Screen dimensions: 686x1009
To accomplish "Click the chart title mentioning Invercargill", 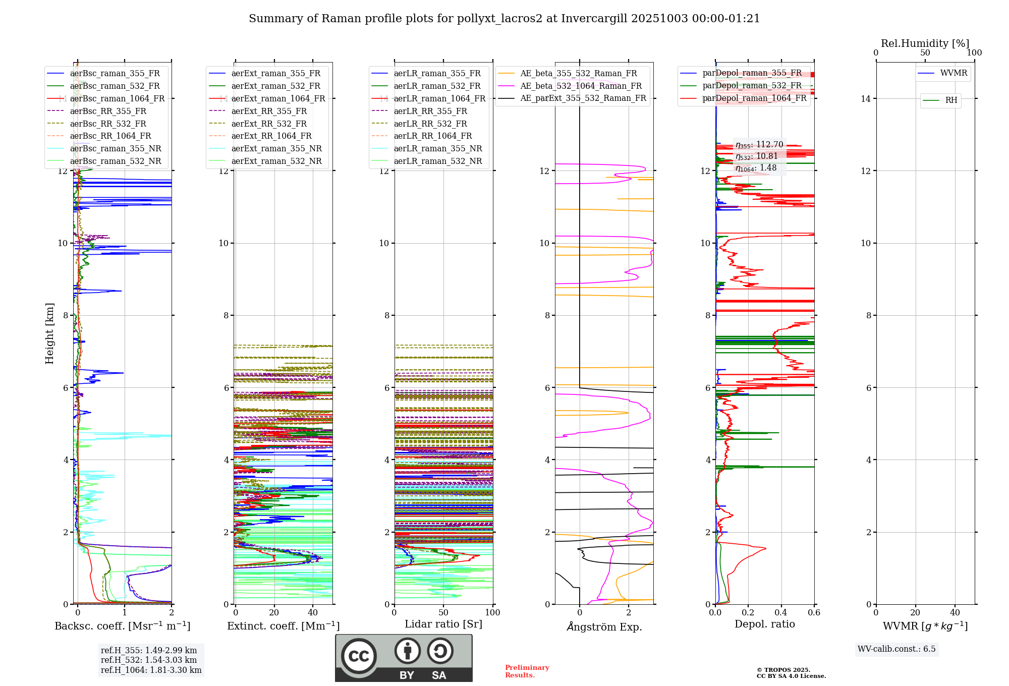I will point(504,19).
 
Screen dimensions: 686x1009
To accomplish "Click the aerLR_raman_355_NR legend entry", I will point(437,148).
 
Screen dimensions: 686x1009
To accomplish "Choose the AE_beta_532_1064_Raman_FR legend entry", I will point(581,86).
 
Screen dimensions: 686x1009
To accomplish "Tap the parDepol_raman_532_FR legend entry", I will point(752,85).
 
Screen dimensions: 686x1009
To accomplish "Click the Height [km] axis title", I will point(49,333).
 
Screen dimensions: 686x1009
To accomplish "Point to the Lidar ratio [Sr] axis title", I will point(443,624).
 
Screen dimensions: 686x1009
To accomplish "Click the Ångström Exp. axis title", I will point(604,626).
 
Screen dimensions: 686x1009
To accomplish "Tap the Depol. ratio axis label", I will point(764,624).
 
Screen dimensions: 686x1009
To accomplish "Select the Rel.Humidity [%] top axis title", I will point(925,43).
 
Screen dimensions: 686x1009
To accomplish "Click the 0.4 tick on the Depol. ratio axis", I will point(781,612).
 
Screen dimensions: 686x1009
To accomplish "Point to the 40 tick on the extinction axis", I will point(313,612).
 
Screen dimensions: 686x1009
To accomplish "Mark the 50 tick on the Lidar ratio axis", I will point(443,612).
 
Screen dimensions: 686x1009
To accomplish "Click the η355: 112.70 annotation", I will point(759,145).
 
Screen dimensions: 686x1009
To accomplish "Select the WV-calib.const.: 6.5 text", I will point(896,649).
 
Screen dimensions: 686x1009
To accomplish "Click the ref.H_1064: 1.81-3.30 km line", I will point(151,670).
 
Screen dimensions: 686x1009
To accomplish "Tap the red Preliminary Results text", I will point(527,671).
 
